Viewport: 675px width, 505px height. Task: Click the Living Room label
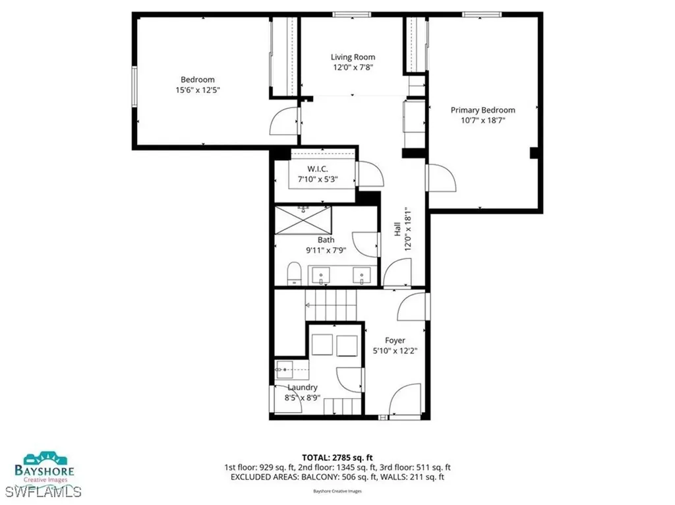[x=353, y=57]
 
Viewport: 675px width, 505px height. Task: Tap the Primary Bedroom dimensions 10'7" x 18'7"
[x=483, y=121]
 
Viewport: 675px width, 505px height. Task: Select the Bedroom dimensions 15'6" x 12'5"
[x=198, y=90]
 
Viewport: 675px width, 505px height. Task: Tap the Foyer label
[x=395, y=341]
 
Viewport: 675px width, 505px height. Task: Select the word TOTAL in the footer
[x=318, y=457]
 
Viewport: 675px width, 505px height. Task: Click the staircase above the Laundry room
[x=330, y=305]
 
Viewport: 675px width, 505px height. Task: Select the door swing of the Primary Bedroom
[x=442, y=178]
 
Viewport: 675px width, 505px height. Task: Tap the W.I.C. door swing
[x=369, y=174]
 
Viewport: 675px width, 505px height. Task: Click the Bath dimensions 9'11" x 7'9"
[x=326, y=251]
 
